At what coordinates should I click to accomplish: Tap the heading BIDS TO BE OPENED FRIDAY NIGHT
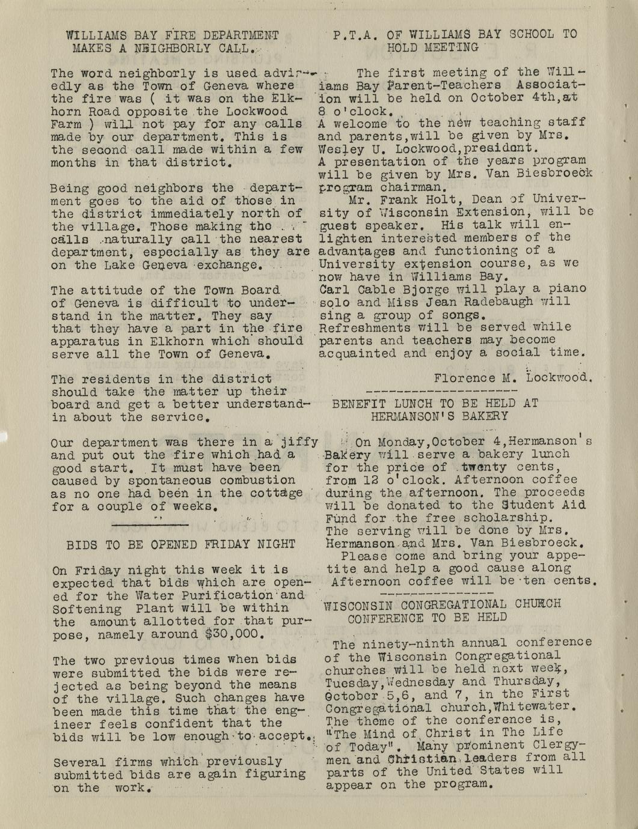point(180,545)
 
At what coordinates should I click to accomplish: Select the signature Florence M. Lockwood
point(513,378)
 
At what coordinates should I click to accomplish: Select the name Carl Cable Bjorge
point(378,288)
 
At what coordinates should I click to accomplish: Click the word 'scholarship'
point(513,518)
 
